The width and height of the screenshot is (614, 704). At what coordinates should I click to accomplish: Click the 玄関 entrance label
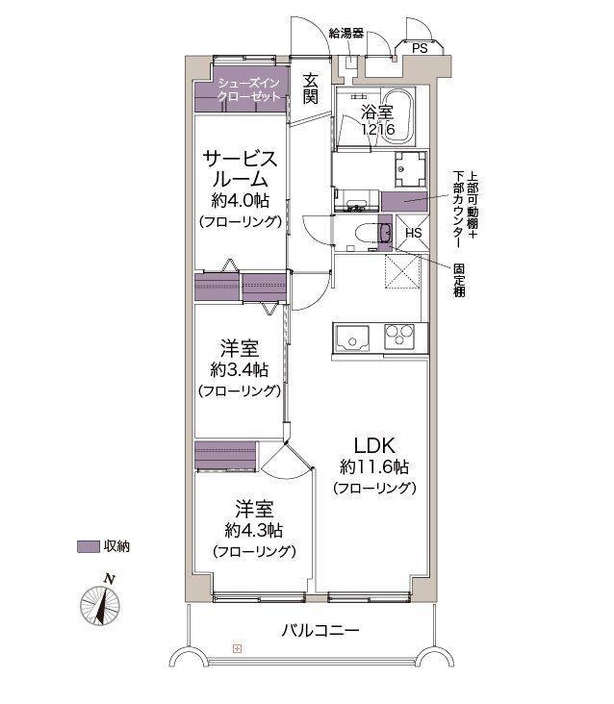pos(311,88)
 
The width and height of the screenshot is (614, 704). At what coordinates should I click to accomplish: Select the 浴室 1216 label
pos(376,120)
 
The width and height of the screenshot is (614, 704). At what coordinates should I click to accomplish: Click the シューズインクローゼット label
pos(249,91)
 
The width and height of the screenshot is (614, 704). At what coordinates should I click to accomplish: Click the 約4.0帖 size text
pos(240,201)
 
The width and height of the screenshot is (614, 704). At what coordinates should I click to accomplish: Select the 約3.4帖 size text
pos(239,370)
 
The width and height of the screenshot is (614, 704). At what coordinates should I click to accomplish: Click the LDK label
pos(373,445)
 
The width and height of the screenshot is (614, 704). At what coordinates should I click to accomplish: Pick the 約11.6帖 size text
pos(373,466)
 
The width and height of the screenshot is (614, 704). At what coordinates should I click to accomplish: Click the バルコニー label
pos(320,631)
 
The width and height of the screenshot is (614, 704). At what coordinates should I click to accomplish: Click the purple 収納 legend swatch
pos(87,546)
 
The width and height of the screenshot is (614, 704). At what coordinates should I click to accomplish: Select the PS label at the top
pos(420,47)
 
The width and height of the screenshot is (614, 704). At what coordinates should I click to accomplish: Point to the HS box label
pos(412,234)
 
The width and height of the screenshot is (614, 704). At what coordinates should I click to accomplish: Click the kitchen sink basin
pos(352,339)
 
